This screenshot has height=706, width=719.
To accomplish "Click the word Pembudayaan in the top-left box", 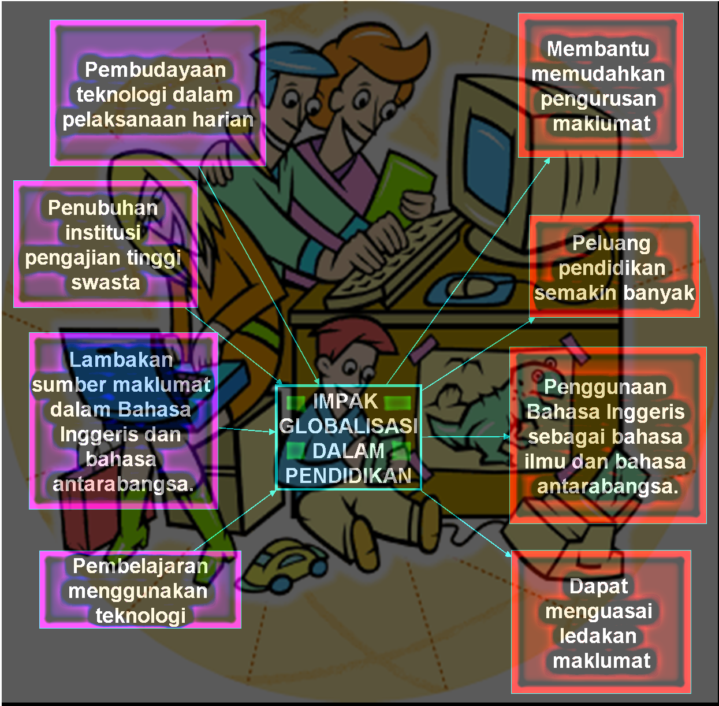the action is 155,70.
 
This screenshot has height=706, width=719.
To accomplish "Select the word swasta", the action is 106,283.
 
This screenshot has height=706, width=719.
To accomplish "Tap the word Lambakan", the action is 121,360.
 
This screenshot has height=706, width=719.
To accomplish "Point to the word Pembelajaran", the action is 140,566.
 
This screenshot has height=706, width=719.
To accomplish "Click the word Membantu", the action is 598,49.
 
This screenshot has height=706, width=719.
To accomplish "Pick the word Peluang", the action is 611,243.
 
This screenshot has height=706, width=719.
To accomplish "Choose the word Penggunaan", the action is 605,387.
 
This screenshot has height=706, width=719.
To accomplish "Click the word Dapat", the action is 598,586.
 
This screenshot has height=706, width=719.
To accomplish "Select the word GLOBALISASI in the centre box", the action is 348,426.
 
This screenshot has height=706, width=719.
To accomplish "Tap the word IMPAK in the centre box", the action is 345,402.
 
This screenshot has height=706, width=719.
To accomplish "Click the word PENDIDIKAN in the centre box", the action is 348,476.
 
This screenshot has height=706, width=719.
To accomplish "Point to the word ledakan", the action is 598,636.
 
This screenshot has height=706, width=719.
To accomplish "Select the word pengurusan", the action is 598,99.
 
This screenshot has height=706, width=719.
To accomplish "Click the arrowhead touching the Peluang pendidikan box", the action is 532,319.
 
